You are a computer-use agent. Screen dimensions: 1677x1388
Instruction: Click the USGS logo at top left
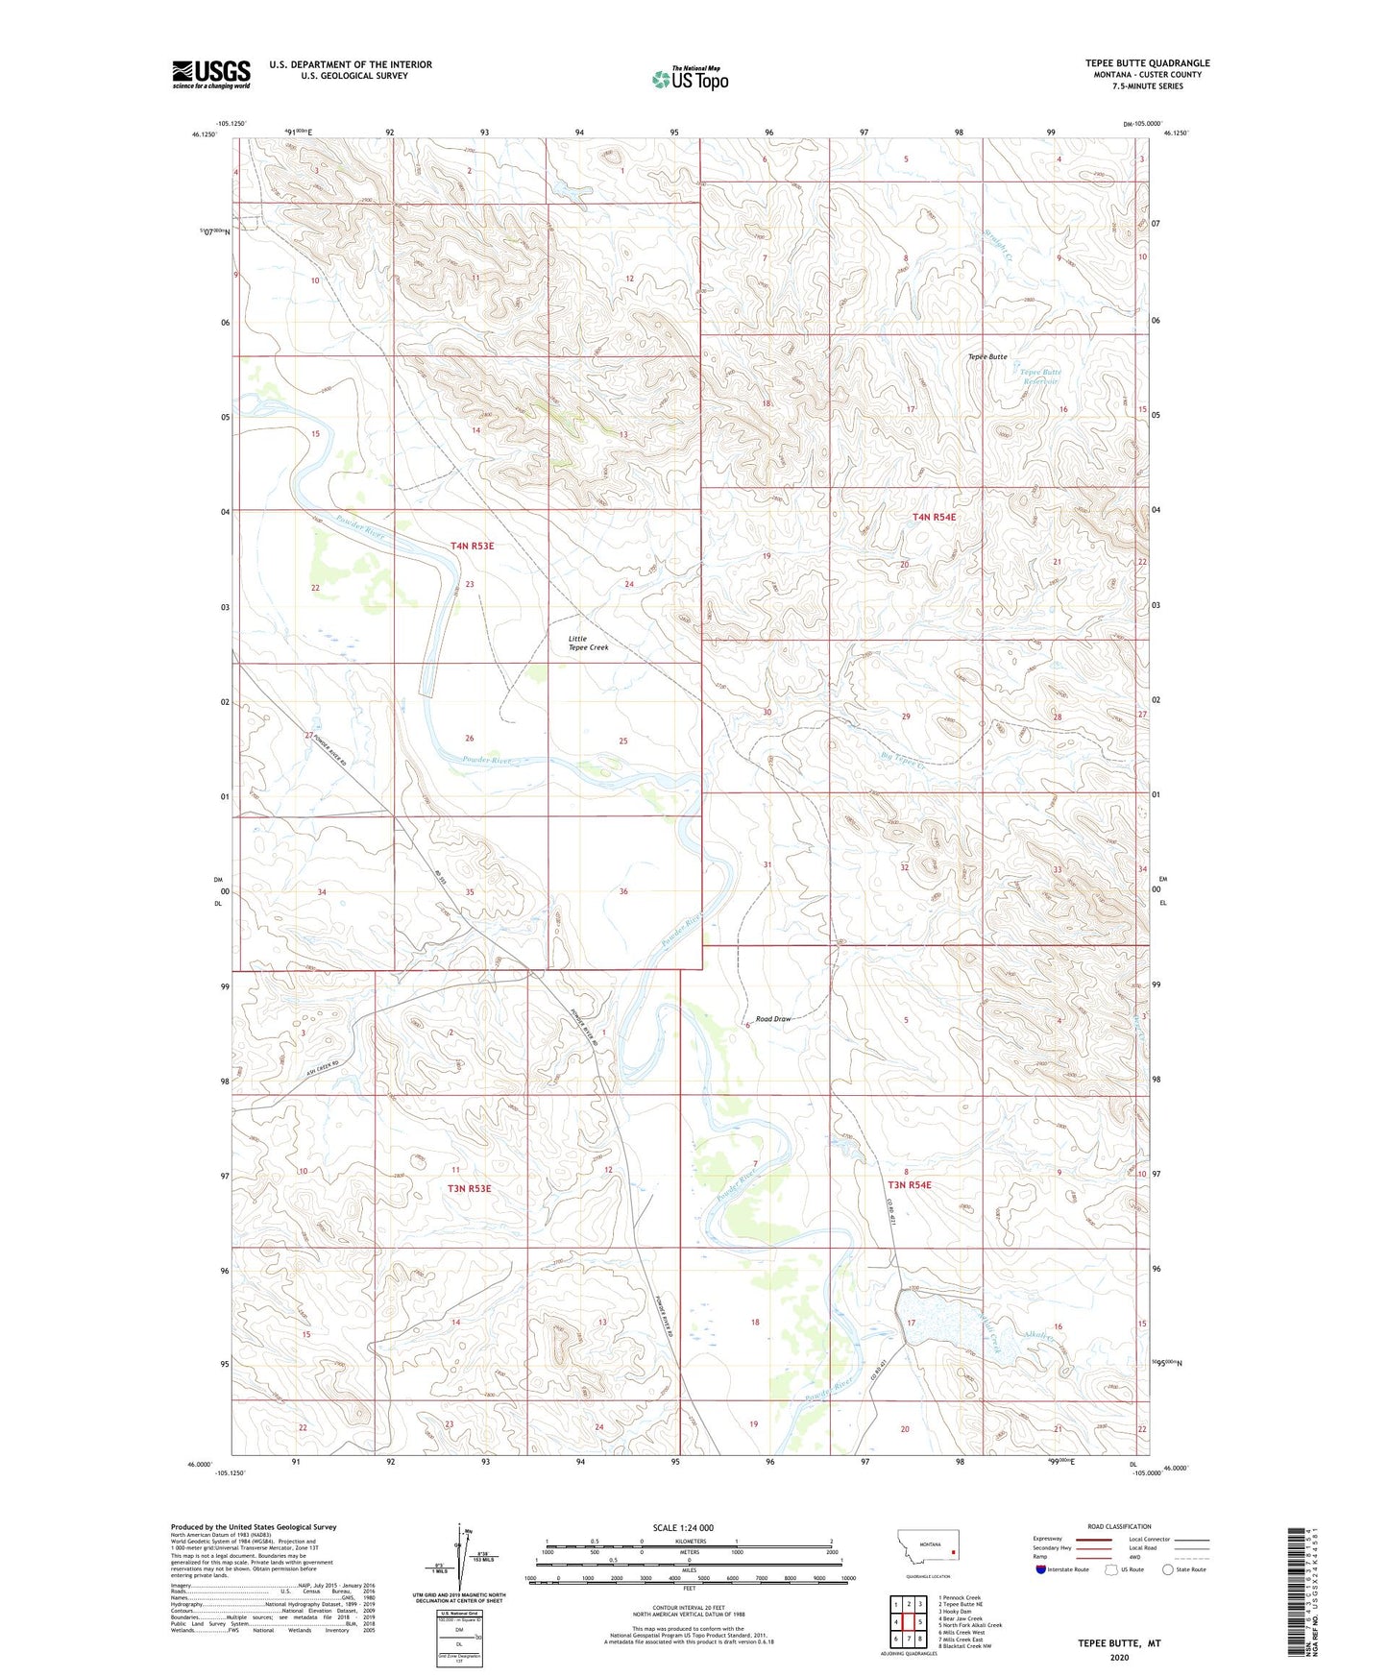pyautogui.click(x=211, y=74)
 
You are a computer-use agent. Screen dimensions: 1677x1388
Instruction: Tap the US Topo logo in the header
pyautogui.click(x=690, y=79)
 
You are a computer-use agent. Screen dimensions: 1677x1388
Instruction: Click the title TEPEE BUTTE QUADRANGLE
pyautogui.click(x=1147, y=63)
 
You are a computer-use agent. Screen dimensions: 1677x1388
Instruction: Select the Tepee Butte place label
pyautogui.click(x=986, y=356)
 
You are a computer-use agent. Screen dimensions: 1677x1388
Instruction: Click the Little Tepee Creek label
pyautogui.click(x=588, y=643)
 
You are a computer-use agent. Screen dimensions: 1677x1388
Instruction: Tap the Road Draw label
pyautogui.click(x=773, y=1018)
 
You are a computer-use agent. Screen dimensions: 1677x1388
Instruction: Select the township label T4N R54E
pyautogui.click(x=934, y=517)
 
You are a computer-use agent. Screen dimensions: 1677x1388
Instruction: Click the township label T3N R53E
pyautogui.click(x=469, y=1188)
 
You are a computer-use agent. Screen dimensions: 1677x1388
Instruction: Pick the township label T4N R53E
pyautogui.click(x=472, y=546)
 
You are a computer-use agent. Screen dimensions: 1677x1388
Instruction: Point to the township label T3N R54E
pyautogui.click(x=909, y=1184)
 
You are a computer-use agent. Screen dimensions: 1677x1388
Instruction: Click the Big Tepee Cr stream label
pyautogui.click(x=902, y=760)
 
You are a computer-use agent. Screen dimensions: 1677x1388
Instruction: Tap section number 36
pyautogui.click(x=623, y=891)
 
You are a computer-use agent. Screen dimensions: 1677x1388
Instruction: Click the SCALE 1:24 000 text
pyautogui.click(x=683, y=1527)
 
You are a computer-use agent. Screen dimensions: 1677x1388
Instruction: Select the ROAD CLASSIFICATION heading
pyautogui.click(x=1118, y=1526)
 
